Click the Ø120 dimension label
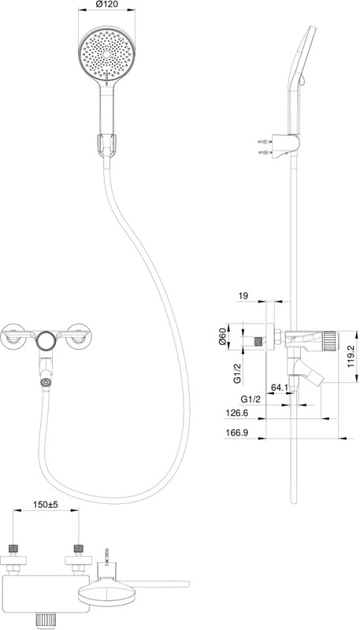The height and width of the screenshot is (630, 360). tap(106, 5)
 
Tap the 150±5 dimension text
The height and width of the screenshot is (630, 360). tap(46, 505)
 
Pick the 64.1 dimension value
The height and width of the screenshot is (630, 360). tap(279, 387)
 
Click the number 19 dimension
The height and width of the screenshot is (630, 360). tap(243, 296)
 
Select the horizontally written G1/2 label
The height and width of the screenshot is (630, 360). tap(251, 400)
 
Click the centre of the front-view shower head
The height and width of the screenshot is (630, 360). tap(107, 54)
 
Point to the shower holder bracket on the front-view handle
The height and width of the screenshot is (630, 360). tap(107, 145)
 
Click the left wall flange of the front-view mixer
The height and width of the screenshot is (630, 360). tap(13, 335)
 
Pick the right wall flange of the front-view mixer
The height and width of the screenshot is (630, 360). tap(79, 335)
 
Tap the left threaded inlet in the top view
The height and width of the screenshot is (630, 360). tap(13, 548)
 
